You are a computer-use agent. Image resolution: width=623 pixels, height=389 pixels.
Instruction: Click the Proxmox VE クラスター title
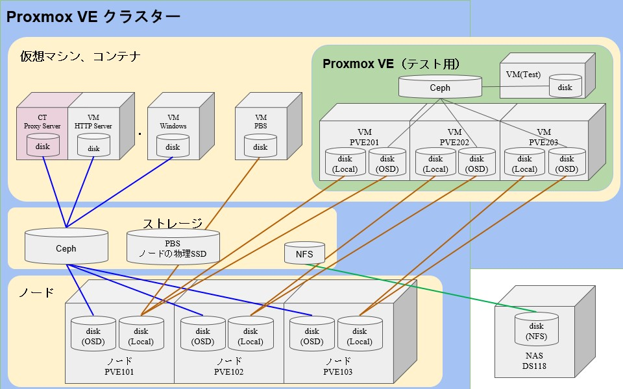click(x=93, y=18)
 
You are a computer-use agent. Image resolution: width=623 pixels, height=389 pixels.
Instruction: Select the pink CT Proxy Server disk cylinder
click(x=43, y=145)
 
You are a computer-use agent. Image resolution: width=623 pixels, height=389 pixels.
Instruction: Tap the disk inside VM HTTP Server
click(x=93, y=147)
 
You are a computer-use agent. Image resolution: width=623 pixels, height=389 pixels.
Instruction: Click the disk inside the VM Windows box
click(x=173, y=146)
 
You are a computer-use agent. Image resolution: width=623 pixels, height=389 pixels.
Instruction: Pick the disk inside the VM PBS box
click(x=260, y=146)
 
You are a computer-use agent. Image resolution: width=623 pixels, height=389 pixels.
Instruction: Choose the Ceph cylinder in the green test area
click(x=440, y=87)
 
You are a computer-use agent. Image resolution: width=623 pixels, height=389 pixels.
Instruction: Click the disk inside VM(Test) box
click(x=565, y=86)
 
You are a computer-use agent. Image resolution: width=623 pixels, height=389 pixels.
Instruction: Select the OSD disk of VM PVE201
click(x=387, y=163)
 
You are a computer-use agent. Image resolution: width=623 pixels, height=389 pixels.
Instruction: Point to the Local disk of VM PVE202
click(x=435, y=163)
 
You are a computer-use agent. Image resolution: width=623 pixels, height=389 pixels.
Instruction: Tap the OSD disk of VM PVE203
click(x=567, y=163)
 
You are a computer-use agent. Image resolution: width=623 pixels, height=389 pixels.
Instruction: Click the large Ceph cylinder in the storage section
click(x=66, y=246)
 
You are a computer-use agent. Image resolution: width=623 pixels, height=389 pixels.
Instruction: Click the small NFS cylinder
click(x=304, y=253)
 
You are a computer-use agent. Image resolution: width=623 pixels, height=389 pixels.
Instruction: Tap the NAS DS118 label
click(x=535, y=361)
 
